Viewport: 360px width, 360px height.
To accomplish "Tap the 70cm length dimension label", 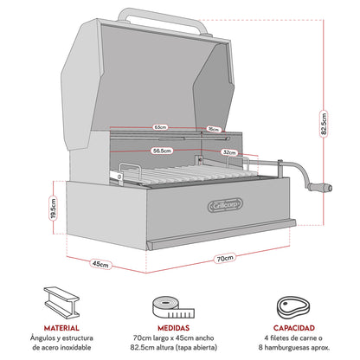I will [223, 258].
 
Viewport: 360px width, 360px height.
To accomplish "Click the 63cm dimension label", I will [159, 127].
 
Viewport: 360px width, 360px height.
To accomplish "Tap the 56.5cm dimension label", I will [158, 149].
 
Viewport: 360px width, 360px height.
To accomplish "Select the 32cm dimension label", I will [229, 151].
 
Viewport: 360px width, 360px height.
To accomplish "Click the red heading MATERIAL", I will [61, 328].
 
